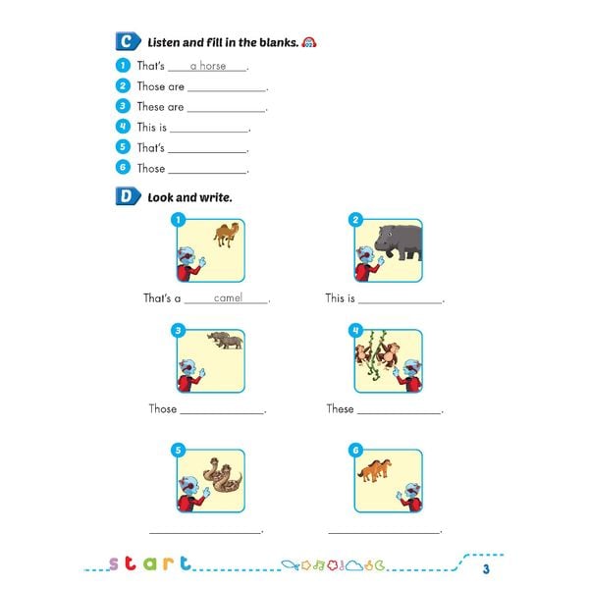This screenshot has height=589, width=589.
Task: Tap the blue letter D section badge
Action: click(127, 196)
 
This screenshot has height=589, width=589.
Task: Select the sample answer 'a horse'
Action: click(207, 66)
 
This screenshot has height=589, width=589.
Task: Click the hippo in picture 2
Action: click(398, 241)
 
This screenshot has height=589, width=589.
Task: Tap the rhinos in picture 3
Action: click(225, 341)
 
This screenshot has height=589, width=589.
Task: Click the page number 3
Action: click(485, 568)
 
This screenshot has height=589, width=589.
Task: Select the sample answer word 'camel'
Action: click(227, 297)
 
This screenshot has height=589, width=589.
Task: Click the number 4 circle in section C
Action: click(123, 127)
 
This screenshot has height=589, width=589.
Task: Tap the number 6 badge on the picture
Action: click(355, 451)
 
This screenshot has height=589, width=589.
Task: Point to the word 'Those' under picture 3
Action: click(162, 409)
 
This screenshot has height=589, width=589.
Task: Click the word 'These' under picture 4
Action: click(340, 409)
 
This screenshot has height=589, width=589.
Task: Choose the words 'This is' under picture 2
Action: click(340, 298)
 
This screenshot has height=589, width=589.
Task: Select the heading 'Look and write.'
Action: click(189, 197)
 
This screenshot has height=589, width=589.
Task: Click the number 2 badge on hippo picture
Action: click(355, 220)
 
